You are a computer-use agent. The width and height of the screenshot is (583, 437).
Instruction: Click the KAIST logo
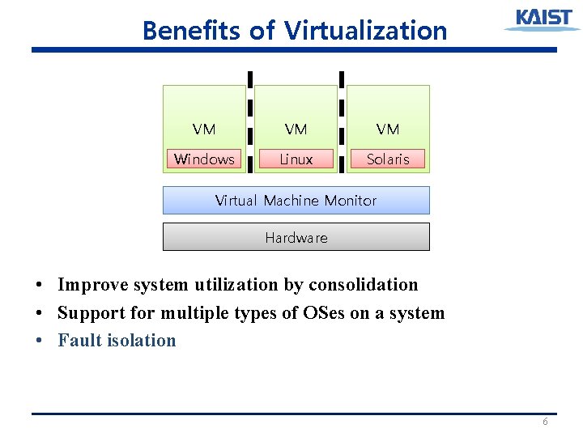[x=542, y=19]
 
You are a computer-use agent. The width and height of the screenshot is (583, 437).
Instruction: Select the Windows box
[x=204, y=159]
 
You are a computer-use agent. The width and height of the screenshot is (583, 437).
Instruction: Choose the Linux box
[x=296, y=159]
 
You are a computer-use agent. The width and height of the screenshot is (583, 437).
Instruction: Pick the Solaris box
[x=388, y=159]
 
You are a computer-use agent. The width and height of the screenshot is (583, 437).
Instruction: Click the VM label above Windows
[x=204, y=129]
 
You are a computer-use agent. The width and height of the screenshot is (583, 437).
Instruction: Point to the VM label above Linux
[x=296, y=129]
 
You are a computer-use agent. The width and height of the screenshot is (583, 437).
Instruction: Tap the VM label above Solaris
[x=388, y=129]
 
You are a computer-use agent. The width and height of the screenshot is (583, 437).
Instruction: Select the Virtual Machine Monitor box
[x=296, y=200]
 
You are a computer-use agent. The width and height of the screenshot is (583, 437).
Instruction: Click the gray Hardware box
[x=296, y=237]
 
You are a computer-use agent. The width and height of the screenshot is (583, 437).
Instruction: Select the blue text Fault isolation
[x=117, y=341]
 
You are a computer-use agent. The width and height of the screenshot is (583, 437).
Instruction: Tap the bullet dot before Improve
[x=39, y=286]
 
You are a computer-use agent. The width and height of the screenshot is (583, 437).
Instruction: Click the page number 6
[x=545, y=422]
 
